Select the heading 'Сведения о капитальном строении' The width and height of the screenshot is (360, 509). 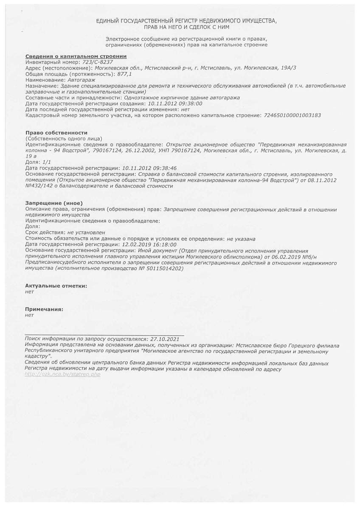tap(76, 56)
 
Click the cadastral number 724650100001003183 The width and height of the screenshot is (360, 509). tap(292, 115)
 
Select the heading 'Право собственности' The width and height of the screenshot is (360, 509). tap(56, 133)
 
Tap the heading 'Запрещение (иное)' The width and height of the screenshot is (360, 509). tap(54, 203)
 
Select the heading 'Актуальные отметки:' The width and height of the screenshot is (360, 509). tap(56, 286)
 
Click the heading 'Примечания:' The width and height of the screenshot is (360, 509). tap(44, 309)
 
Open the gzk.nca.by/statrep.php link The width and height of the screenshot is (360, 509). tap(62, 375)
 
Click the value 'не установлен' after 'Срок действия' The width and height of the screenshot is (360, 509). tap(86, 233)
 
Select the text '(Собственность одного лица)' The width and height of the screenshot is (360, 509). tap(63, 139)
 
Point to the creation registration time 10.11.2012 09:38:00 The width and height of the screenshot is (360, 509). tap(174, 103)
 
